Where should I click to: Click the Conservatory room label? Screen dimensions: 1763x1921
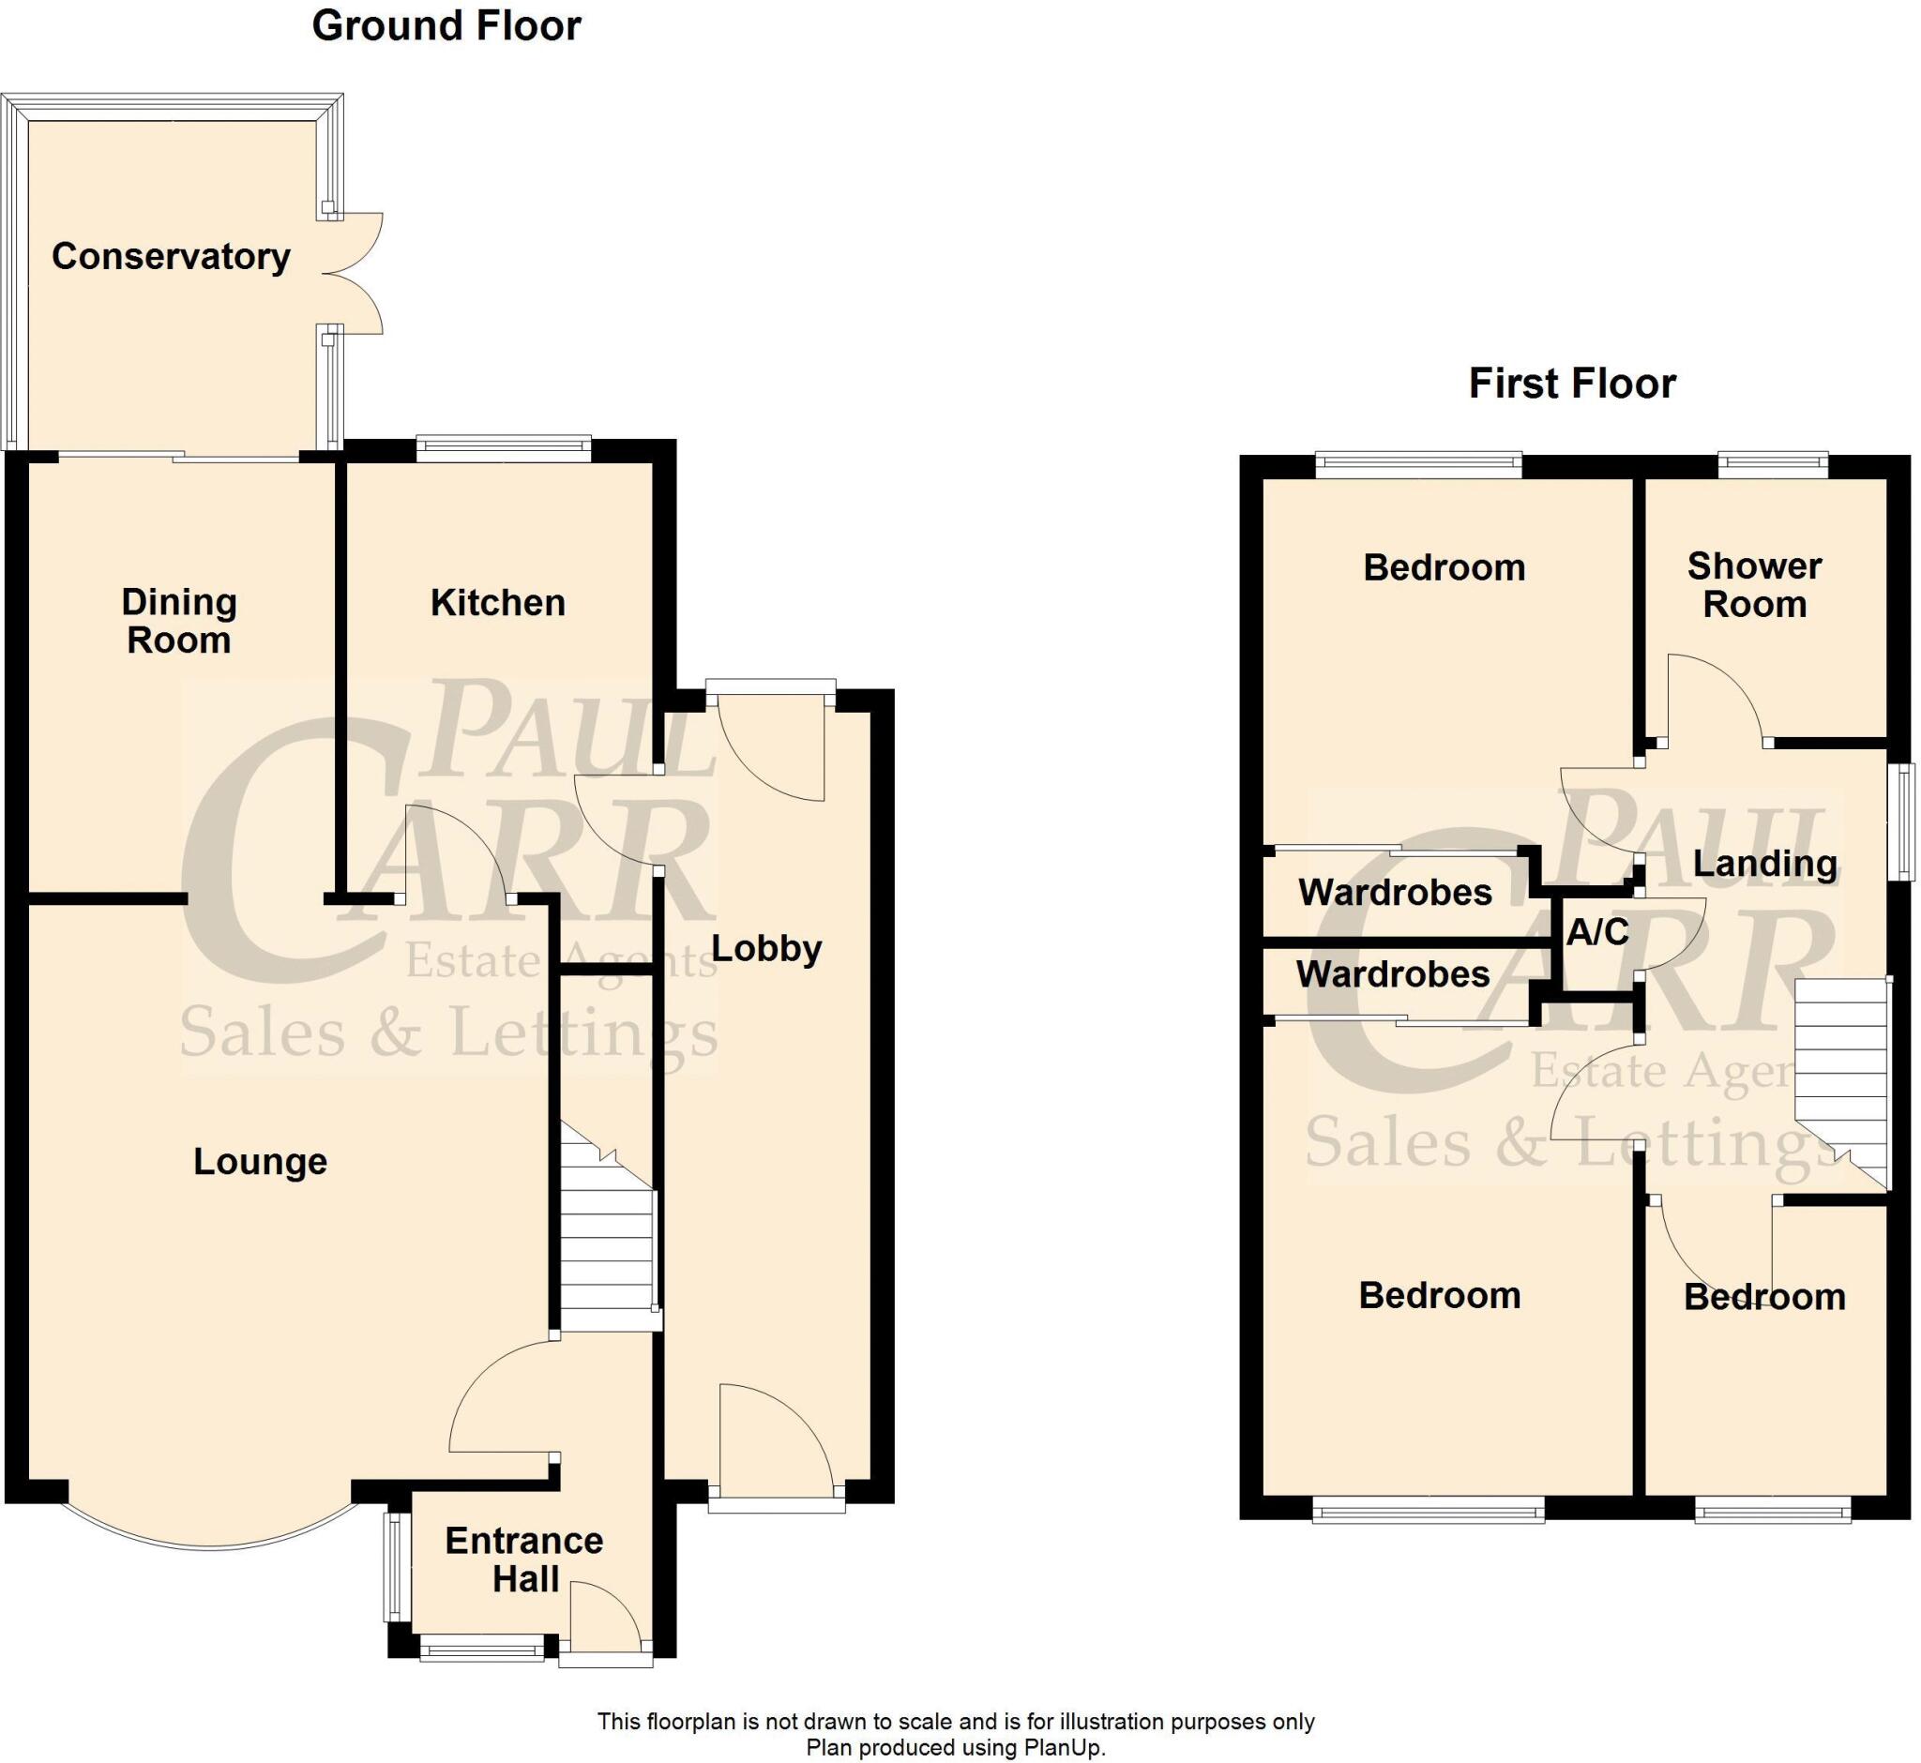click(x=171, y=256)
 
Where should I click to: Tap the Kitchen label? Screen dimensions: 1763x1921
click(x=497, y=602)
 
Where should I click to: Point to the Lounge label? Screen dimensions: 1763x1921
click(x=260, y=1161)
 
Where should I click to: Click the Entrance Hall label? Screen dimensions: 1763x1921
click(x=524, y=1559)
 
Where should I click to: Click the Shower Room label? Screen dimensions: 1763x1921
click(x=1754, y=585)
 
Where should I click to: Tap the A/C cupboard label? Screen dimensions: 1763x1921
click(x=1597, y=932)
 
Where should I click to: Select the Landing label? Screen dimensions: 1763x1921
click(x=1764, y=864)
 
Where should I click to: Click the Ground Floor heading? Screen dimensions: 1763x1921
click(x=446, y=25)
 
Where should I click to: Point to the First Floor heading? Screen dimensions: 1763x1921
click(x=1572, y=384)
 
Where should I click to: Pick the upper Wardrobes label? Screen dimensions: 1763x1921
click(x=1394, y=892)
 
